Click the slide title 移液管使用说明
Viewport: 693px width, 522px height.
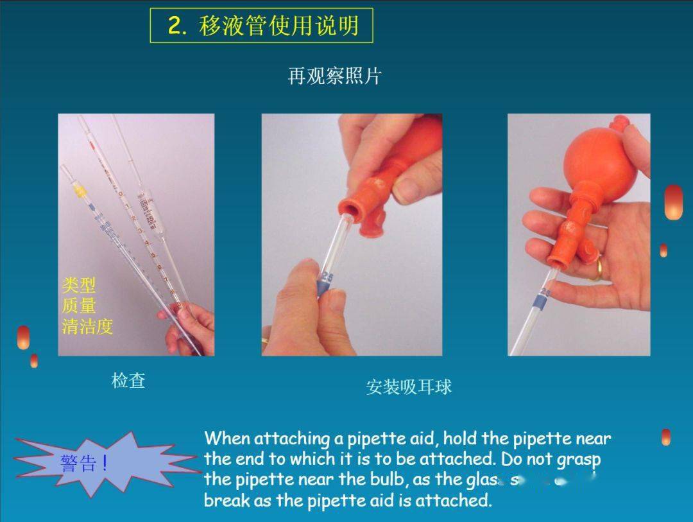pos(278,26)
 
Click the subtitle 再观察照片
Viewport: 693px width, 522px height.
pos(334,76)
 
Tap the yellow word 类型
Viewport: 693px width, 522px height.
pos(78,284)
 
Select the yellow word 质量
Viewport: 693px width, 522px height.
pos(78,305)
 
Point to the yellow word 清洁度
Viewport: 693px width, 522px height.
pos(87,326)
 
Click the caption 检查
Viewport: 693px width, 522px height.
pos(128,381)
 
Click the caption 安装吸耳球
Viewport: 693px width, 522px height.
pos(409,387)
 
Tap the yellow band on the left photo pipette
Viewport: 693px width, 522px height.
pos(80,191)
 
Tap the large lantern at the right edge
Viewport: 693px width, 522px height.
pos(673,202)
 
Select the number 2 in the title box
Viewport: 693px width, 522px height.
pos(175,26)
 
